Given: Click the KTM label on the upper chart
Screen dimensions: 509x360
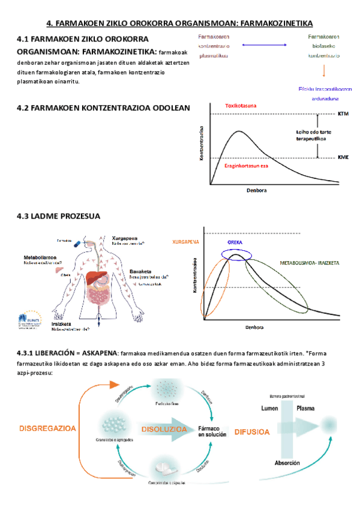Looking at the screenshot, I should [343, 113].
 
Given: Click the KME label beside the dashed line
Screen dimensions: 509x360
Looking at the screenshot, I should [343, 157].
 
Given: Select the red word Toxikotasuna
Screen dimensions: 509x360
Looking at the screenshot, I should [241, 106].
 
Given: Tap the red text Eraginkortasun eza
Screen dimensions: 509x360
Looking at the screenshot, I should [246, 165].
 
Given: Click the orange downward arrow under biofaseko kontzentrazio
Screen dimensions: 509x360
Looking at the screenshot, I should [325, 71].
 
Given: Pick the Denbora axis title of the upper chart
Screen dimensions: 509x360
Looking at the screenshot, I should [256, 190].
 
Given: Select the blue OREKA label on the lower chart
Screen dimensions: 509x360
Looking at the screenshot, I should [235, 242].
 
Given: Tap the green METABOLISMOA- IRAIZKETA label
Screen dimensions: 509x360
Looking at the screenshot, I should [310, 264].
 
